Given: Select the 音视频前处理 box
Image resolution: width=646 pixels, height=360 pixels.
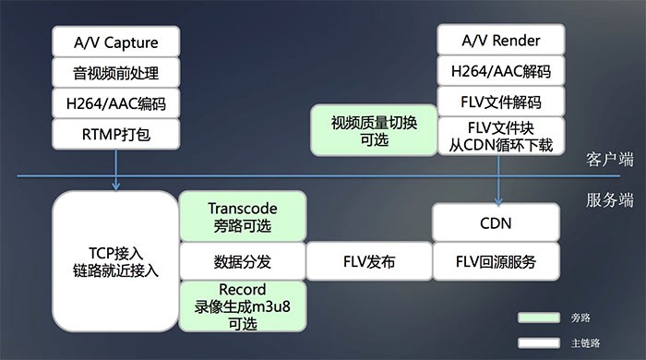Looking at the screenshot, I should [116, 72].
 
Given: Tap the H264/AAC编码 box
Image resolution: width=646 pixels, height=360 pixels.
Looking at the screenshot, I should [116, 103].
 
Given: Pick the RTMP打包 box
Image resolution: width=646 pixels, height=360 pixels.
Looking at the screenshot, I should [116, 135].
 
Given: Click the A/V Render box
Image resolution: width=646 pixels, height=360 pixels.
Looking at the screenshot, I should [499, 41].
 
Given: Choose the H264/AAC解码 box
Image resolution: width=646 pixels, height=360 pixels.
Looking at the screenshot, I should [499, 72].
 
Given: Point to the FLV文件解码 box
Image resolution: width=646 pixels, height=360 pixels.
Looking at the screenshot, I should [499, 102].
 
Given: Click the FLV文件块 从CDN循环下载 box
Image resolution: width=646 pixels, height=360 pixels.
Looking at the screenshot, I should [499, 135].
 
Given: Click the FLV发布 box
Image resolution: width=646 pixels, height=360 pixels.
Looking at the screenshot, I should [368, 261].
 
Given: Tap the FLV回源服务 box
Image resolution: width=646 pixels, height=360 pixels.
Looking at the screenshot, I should [496, 261].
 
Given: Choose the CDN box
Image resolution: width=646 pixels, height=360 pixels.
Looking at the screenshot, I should [496, 223].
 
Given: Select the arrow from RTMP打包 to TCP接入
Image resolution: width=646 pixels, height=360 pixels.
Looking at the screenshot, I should [117, 171].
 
